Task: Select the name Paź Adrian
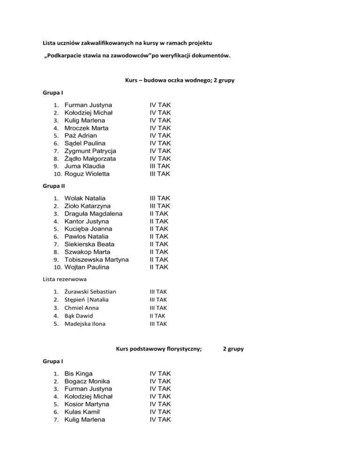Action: [81, 135]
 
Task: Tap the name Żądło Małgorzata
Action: [91, 158]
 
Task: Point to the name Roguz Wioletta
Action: [87, 174]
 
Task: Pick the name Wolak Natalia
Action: [85, 198]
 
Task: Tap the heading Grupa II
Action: [53, 186]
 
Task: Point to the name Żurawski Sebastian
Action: [90, 292]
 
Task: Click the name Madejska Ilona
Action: [85, 323]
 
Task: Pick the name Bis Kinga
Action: [78, 373]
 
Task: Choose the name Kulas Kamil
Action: [82, 412]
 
